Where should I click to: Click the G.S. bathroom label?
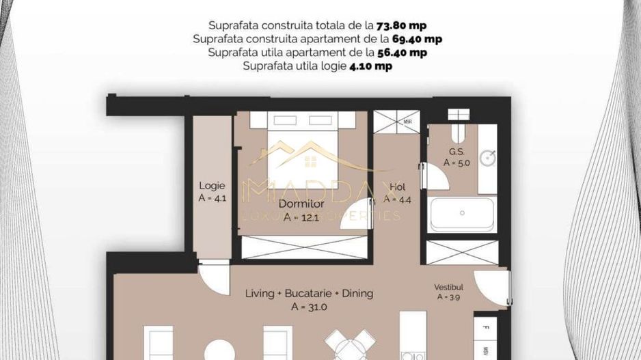(457, 152)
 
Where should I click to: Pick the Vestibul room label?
(449, 287)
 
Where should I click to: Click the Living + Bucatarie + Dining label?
(309, 294)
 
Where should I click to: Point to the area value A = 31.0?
(309, 307)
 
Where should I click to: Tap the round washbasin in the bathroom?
(487, 158)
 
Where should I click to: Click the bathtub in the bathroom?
(462, 214)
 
